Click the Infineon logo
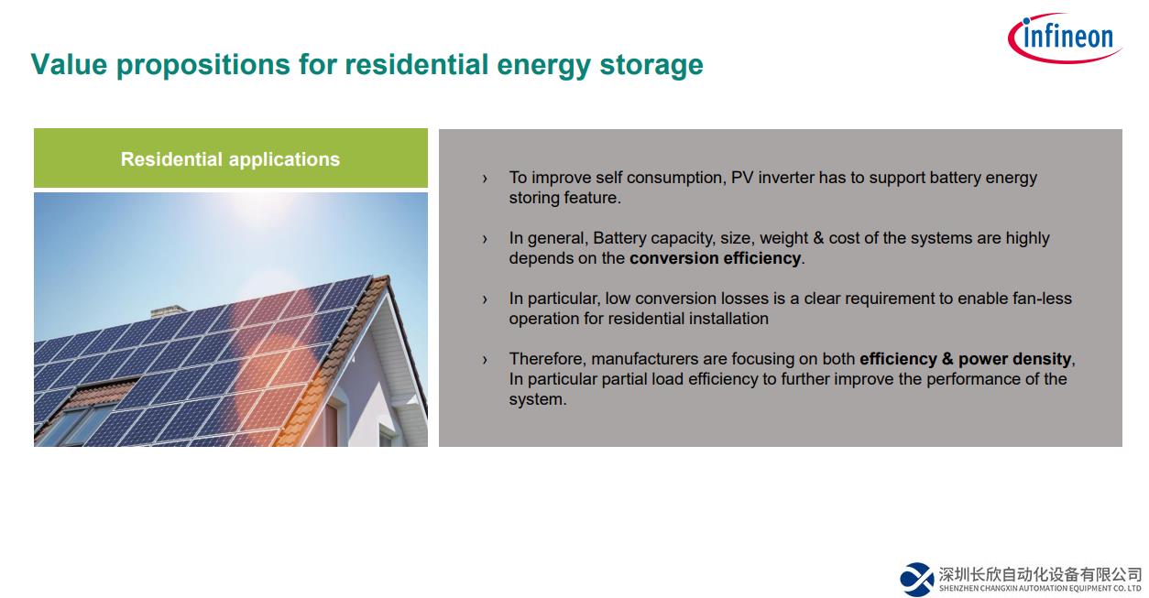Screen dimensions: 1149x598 (x=1065, y=38)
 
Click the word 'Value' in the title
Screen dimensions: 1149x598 (x=70, y=65)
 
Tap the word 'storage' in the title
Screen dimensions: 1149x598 (x=651, y=66)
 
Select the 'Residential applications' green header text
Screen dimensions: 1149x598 (x=230, y=159)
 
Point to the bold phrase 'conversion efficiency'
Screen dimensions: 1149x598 (x=715, y=258)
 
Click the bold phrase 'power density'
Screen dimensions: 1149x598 (x=1014, y=359)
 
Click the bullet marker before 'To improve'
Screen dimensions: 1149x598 (x=485, y=179)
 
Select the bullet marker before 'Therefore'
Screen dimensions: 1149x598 (x=485, y=360)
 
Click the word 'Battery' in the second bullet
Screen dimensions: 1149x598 (x=619, y=238)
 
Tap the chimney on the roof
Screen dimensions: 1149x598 (x=168, y=310)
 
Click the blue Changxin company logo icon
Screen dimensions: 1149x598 (x=916, y=579)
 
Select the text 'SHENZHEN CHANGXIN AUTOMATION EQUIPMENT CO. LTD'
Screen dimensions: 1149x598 (x=1040, y=588)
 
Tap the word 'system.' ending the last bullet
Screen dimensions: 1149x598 (x=538, y=399)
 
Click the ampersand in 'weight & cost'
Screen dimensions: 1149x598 (x=818, y=238)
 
